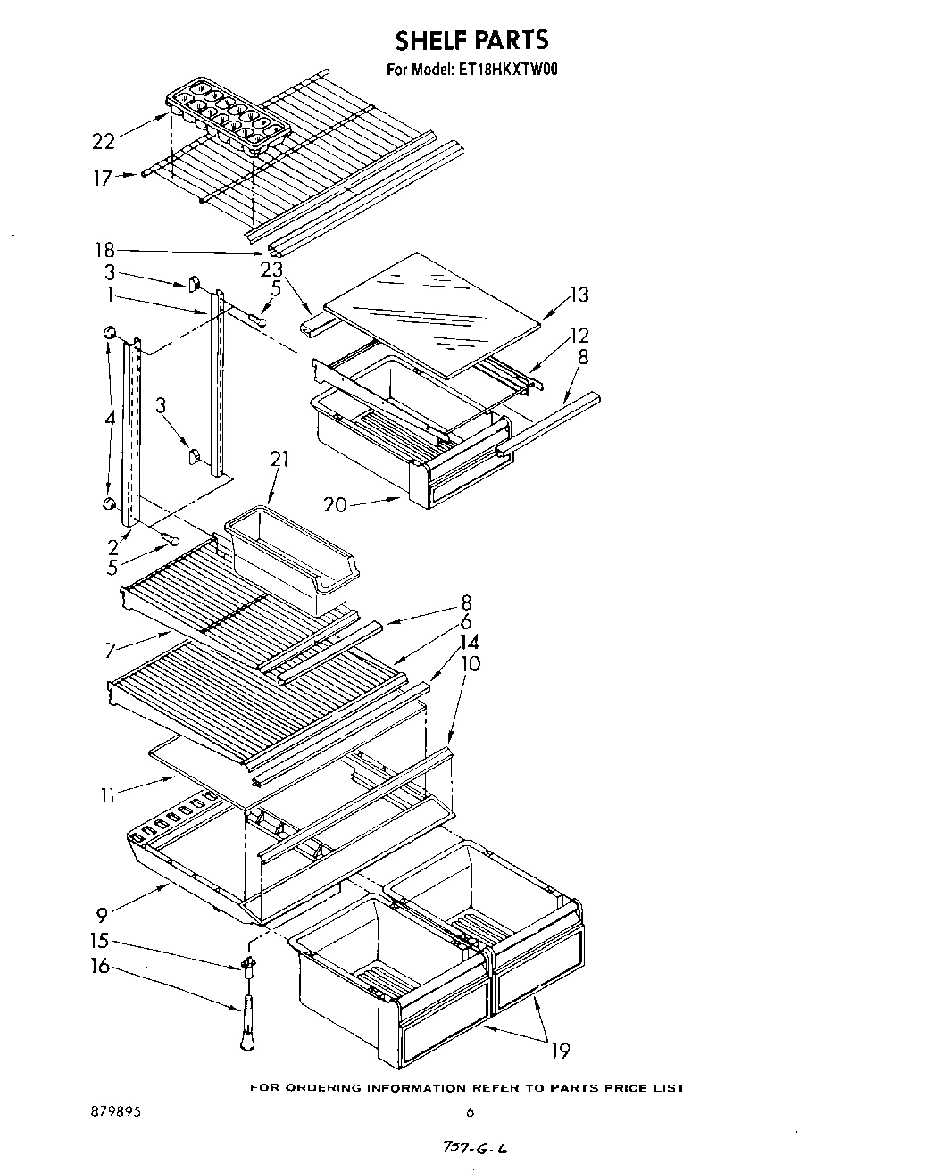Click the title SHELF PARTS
coord(471,40)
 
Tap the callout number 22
coord(104,140)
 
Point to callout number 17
coord(104,178)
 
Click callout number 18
coord(104,252)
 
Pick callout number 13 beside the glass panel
coord(579,295)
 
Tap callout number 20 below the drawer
coord(335,504)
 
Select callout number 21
coord(280,460)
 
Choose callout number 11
coord(107,794)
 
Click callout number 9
coord(104,913)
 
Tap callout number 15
coord(99,941)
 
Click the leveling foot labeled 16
coord(246,1022)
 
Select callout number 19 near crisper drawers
coord(560,1050)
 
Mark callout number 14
coord(469,642)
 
